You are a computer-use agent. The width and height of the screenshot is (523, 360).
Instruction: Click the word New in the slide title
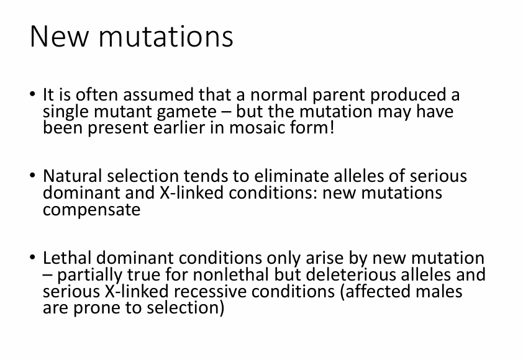60,37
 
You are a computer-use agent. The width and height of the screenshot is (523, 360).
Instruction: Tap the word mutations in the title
166,37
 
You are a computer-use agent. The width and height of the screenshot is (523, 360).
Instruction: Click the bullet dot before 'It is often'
32,94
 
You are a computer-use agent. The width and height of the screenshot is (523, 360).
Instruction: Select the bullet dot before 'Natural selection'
32,175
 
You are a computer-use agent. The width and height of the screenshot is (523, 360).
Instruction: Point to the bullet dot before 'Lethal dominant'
32,257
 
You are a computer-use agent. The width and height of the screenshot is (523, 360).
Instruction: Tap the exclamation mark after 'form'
331,127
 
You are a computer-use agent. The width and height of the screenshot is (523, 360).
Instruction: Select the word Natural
73,176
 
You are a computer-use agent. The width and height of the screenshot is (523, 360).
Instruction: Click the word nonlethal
231,274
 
